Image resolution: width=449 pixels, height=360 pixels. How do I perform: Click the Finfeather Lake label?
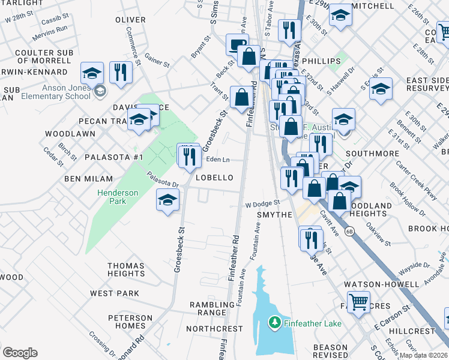tap(313, 324)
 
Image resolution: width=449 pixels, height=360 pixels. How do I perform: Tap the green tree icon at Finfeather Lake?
tap(275, 323)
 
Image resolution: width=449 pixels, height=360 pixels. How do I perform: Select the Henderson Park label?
tap(118, 197)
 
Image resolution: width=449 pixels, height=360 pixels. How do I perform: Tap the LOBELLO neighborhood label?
tap(213, 178)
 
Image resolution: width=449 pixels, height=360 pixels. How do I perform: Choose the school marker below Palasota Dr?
tap(167, 200)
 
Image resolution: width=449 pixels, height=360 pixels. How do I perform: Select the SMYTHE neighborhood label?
tap(274, 214)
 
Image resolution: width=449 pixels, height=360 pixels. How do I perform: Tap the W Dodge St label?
tap(262, 204)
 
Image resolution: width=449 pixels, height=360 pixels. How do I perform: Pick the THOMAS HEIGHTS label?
tap(126, 269)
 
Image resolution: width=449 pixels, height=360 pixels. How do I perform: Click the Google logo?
tap(20, 353)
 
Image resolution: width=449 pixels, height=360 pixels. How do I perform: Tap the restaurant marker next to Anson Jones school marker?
tap(122, 73)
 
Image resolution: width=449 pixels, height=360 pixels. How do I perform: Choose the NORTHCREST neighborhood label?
tap(214, 329)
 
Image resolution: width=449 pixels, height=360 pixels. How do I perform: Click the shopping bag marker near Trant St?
tap(241, 98)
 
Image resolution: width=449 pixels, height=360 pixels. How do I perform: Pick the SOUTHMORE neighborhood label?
tap(372, 154)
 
